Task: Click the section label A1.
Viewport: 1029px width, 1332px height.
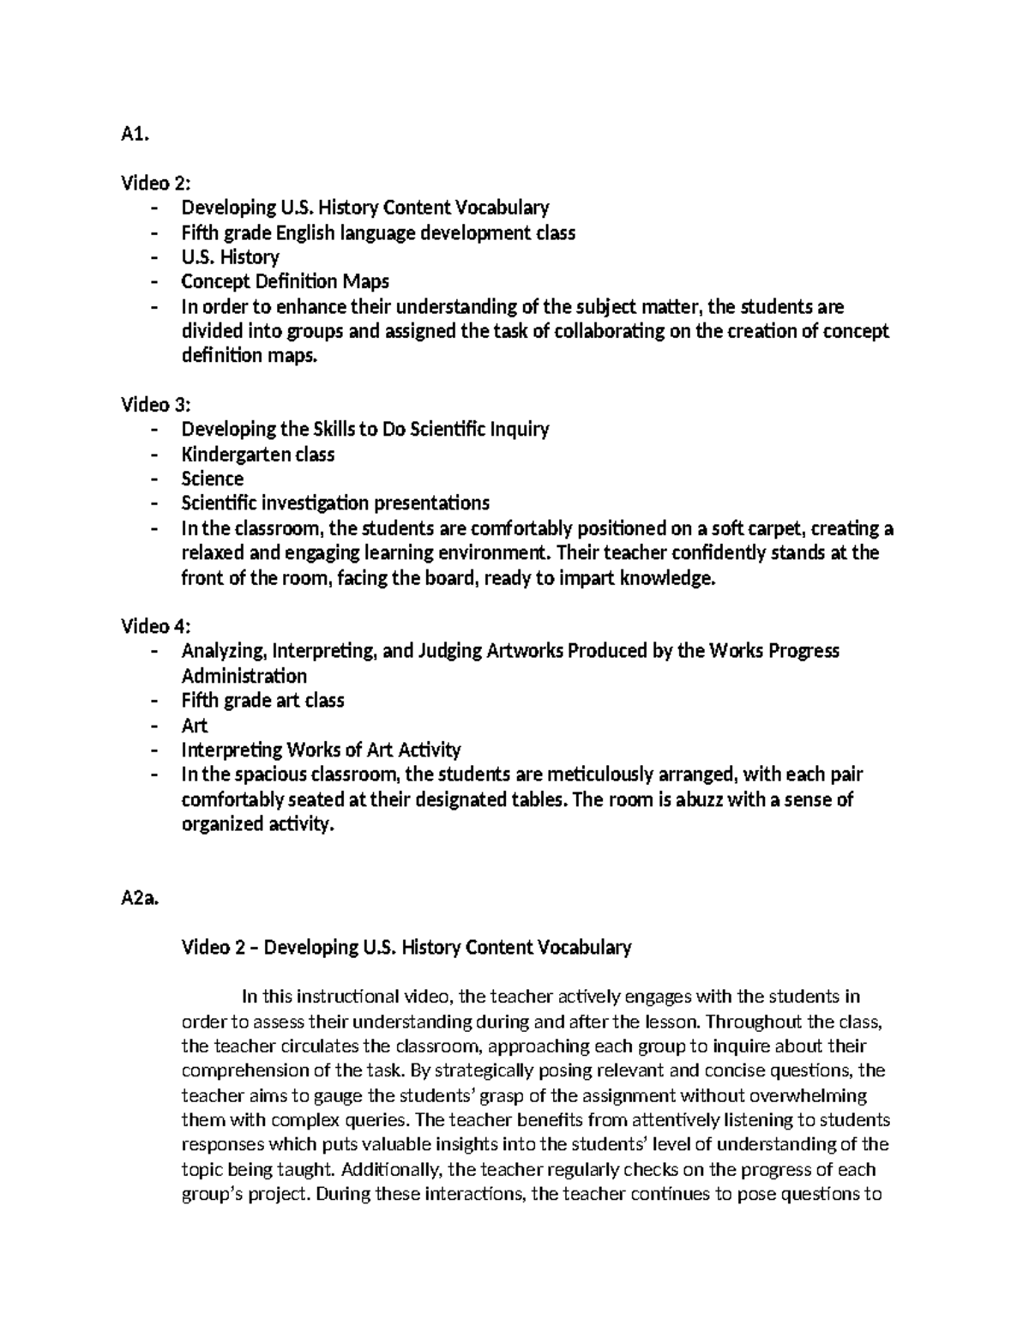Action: (x=135, y=133)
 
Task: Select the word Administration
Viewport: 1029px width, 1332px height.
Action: (x=244, y=676)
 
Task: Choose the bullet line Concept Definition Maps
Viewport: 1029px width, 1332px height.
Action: (x=285, y=281)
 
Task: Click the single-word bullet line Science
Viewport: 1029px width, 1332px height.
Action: (x=212, y=479)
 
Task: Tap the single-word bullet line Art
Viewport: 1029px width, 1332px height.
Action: (x=194, y=725)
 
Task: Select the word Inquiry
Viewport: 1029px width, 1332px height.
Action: (x=519, y=429)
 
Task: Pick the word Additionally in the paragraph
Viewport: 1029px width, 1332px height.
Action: (x=390, y=1169)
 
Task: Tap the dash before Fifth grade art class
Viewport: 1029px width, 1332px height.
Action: (x=153, y=700)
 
